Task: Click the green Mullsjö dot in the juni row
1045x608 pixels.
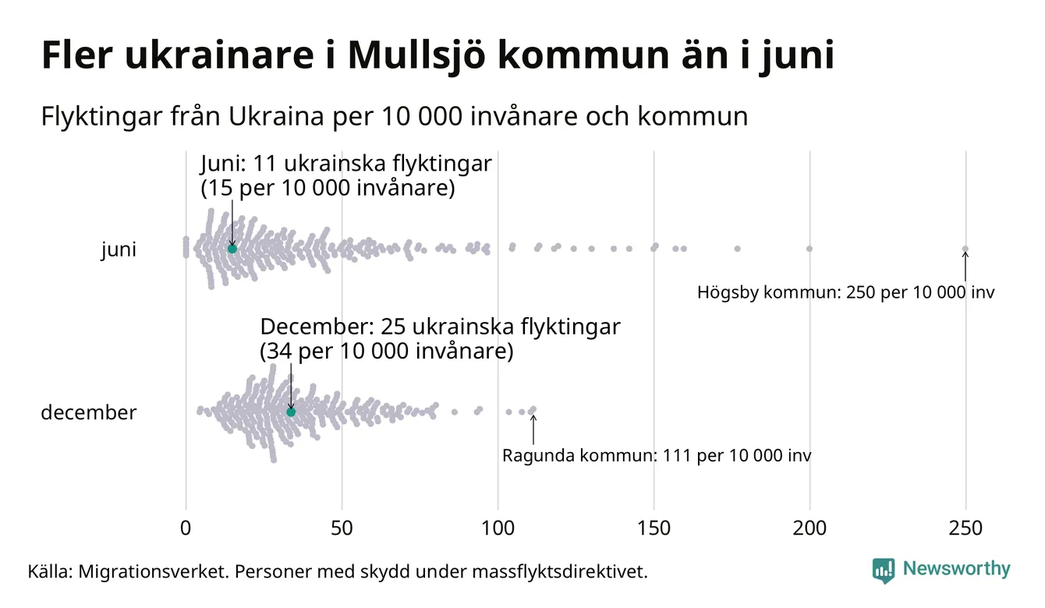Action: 232,249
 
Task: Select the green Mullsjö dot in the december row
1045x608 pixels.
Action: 291,412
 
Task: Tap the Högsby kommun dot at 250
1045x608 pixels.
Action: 965,249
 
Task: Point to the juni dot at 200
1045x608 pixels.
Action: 809,249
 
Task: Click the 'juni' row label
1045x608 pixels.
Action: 119,249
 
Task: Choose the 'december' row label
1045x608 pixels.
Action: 88,412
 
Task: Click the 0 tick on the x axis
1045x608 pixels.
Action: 186,528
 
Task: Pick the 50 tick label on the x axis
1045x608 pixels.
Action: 342,528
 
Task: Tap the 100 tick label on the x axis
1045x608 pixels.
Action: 498,528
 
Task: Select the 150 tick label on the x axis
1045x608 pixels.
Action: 654,528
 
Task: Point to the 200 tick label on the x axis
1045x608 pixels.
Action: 809,528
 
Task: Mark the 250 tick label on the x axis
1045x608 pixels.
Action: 965,528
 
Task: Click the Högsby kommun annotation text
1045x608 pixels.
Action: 846,293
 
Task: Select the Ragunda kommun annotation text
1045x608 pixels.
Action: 656,455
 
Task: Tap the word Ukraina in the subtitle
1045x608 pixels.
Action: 271,117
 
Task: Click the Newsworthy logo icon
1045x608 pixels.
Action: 883,570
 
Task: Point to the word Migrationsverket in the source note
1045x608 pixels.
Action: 150,571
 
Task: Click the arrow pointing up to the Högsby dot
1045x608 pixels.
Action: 965,267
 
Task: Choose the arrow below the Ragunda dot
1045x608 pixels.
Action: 533,429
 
